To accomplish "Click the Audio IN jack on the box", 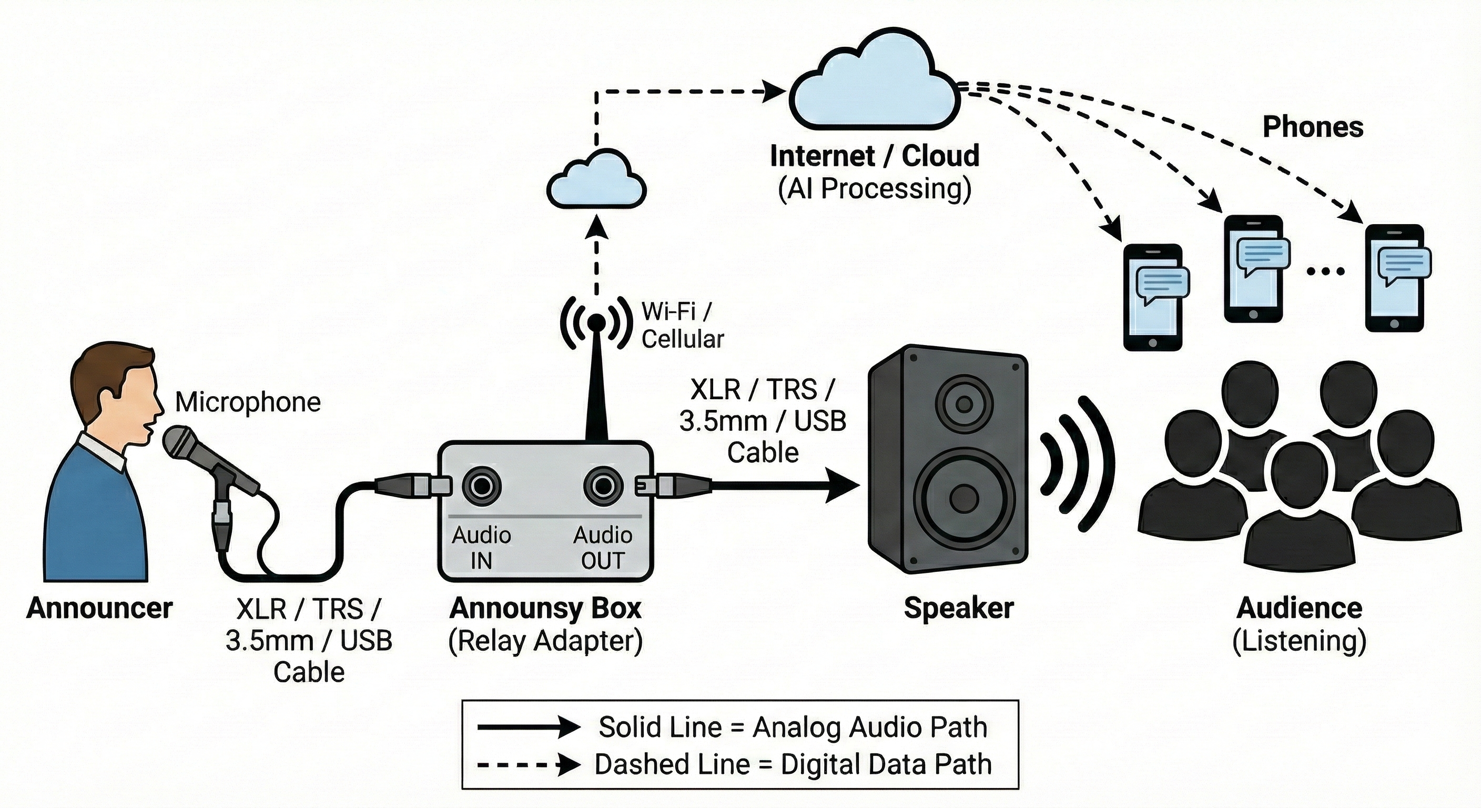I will [x=481, y=487].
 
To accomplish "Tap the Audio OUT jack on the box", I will [x=603, y=487].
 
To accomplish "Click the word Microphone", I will [x=247, y=402].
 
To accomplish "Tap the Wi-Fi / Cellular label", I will [x=682, y=325].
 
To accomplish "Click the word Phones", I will [x=1313, y=127].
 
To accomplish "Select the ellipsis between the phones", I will [x=1325, y=271].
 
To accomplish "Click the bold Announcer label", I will [x=99, y=608].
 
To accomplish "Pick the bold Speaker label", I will [x=958, y=608].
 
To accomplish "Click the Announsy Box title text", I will [x=545, y=608].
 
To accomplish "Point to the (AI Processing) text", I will [x=875, y=189].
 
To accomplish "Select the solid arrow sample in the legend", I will [x=528, y=728].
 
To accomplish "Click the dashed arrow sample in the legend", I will [x=528, y=765].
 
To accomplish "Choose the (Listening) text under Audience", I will [x=1300, y=641].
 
